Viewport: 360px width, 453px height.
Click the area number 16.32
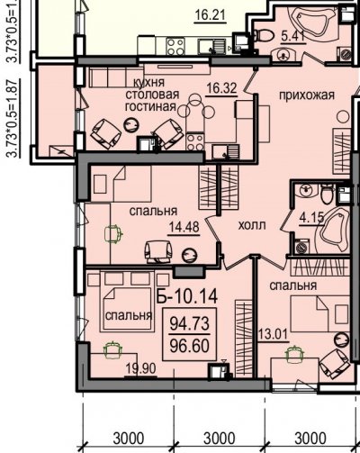coord(221,89)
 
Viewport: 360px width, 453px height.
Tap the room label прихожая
coord(307,95)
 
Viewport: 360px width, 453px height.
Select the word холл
coord(252,225)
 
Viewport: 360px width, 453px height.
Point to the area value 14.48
coord(184,227)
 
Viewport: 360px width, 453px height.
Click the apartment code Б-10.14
coord(187,296)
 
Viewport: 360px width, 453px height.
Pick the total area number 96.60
coord(190,346)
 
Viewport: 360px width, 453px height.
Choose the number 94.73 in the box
coord(190,323)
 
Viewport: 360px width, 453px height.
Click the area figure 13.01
coord(273,334)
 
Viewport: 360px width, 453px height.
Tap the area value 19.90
coord(140,368)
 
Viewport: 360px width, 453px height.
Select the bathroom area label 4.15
coord(312,218)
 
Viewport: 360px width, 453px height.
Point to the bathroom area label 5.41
coord(293,37)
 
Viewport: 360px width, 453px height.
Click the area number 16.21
coord(210,15)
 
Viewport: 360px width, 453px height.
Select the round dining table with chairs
coord(196,110)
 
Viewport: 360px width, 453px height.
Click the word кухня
coord(149,82)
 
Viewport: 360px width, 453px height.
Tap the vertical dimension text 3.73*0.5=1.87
coord(12,119)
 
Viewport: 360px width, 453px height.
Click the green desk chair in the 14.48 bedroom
coord(113,233)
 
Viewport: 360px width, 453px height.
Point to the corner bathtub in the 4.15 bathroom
coord(334,230)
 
